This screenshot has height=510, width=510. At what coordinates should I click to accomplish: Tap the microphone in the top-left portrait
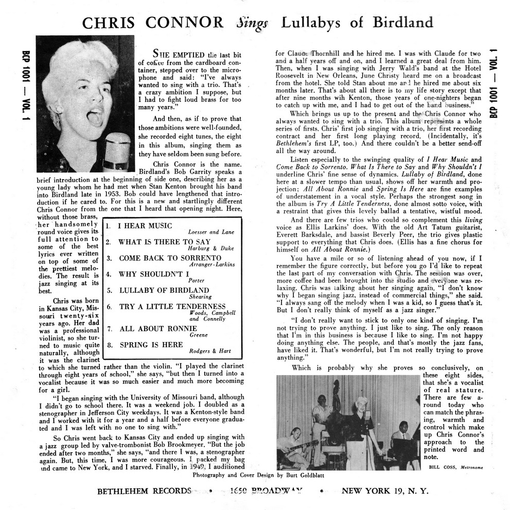(x=117, y=150)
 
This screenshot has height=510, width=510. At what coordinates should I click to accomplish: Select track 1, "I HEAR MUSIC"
(x=146, y=226)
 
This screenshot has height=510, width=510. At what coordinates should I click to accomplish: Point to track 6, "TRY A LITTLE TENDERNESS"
(x=172, y=306)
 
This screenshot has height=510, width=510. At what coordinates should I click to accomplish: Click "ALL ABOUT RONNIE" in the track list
(x=149, y=328)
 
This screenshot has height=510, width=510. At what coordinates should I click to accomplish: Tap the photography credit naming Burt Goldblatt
(x=258, y=476)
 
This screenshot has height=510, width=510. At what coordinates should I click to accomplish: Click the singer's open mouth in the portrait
(x=94, y=117)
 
